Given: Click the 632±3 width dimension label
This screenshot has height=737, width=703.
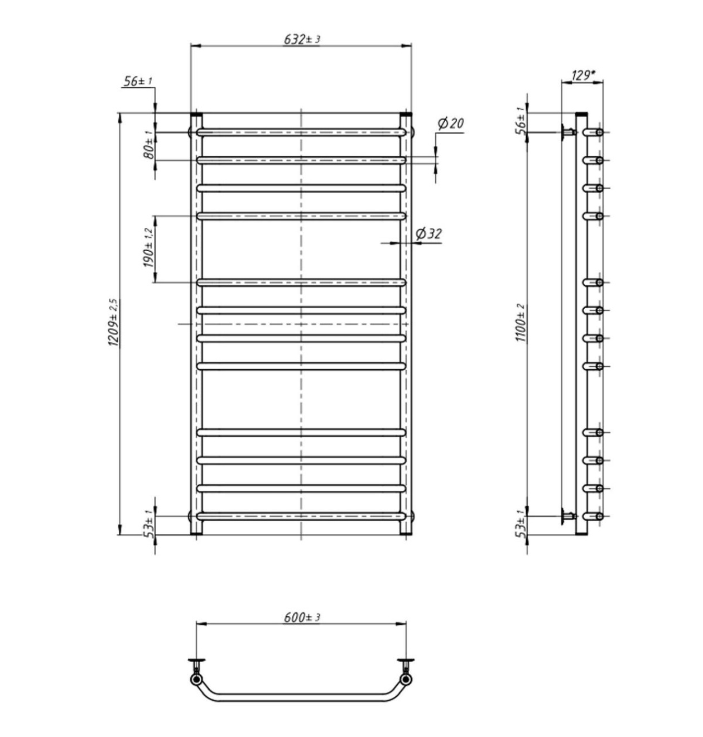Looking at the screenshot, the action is pos(302,39).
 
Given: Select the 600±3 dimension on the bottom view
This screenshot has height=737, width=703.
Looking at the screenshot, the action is pos(302,618).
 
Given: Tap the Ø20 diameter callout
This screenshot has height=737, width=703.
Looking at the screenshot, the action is pos(451,123).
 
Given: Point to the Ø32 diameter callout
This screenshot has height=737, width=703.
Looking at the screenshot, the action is pos(429,234).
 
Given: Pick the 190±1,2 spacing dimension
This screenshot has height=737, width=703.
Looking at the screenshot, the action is pos(149,248).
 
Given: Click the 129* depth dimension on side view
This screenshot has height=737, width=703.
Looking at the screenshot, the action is pos(583,76).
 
